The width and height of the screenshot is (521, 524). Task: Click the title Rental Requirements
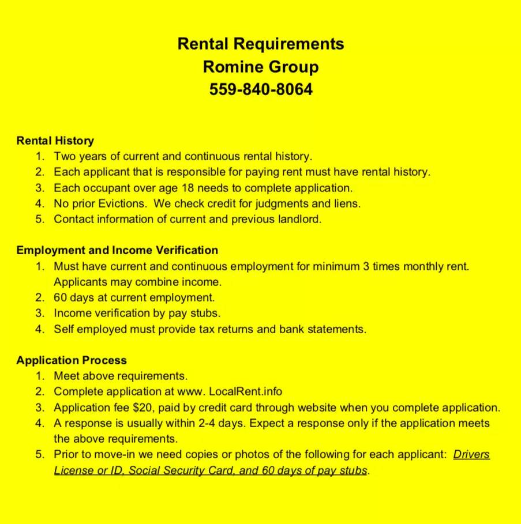(260, 44)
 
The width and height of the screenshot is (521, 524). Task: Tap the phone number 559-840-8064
(260, 90)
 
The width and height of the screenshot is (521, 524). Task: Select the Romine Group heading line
(260, 67)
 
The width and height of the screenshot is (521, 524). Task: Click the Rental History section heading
(55, 141)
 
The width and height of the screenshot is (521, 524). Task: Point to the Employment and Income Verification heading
(117, 250)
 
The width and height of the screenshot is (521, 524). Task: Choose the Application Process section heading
(72, 360)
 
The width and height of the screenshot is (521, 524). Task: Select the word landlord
(299, 219)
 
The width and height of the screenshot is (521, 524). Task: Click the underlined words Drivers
(471, 454)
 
